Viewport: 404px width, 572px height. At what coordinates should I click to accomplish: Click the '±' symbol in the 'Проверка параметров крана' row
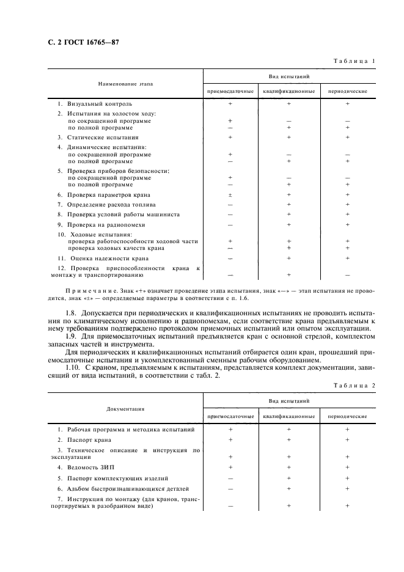click(230, 194)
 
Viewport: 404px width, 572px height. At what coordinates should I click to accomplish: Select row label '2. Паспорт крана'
click(89, 439)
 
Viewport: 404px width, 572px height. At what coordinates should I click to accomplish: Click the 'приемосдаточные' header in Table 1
click(230, 91)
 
